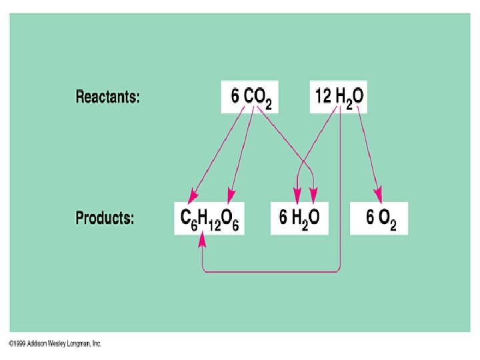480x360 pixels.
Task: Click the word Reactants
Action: pos(107,97)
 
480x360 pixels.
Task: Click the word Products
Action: pos(105,218)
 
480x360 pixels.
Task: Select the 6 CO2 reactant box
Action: pos(250,97)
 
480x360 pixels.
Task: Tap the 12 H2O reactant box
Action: pos(339,97)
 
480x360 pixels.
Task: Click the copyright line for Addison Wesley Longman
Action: pos(55,344)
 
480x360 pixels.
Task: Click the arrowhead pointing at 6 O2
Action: pos(377,195)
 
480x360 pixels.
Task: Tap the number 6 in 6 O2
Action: pos(370,217)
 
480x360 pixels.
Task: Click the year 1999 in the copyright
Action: pos(17,344)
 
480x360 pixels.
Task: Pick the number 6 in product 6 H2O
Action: pos(283,217)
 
